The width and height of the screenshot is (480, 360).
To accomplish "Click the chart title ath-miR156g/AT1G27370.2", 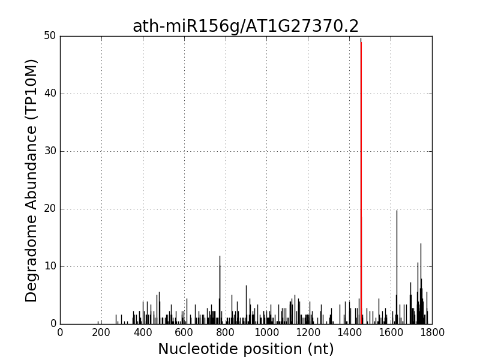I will click(245, 26).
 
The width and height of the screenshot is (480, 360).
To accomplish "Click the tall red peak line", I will click(361, 180).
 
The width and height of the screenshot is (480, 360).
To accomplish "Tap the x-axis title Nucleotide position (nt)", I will click(245, 349).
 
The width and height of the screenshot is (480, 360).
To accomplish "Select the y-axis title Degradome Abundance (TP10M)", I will click(32, 180).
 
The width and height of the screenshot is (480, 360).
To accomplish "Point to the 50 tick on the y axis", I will click(50, 36).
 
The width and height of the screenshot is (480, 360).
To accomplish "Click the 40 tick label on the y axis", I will click(50, 94).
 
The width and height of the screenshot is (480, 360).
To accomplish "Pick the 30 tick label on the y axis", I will click(50, 151).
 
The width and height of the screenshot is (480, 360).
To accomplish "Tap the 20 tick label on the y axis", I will click(50, 209).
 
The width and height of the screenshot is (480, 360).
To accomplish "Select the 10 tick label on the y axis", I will click(50, 266).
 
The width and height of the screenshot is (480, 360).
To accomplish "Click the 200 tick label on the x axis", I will click(101, 332).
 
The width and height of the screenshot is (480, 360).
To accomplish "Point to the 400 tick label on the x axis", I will click(143, 332).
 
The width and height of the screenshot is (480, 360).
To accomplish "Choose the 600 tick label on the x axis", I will click(184, 332).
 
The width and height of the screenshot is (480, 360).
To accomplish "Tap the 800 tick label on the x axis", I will click(226, 332).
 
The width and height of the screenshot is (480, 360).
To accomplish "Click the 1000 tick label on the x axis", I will click(266, 332).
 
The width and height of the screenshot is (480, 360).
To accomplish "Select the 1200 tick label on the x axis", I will click(308, 332).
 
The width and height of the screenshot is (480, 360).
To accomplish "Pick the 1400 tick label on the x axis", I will click(349, 332).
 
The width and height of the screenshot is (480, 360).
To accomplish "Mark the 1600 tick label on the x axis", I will click(391, 332).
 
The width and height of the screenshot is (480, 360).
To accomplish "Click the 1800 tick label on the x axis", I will click(432, 332).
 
